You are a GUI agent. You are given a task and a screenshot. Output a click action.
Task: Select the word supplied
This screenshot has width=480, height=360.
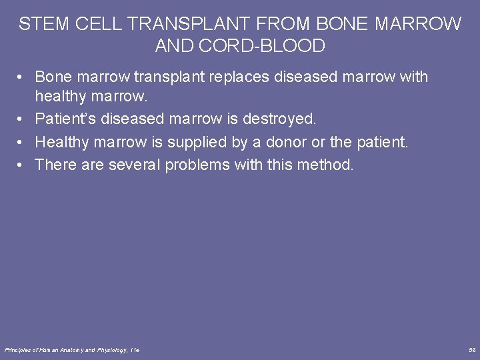(x=199, y=142)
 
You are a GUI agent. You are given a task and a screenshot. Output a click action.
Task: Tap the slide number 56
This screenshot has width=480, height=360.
(x=472, y=349)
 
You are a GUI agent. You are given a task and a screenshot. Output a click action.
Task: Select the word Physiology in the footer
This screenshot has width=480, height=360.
(x=112, y=349)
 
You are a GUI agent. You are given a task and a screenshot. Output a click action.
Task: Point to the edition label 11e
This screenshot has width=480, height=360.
(x=135, y=349)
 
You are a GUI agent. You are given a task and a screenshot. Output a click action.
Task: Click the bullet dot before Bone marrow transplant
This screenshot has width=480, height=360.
(x=23, y=77)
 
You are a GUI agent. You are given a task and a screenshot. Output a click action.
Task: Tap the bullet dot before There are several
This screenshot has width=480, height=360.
(x=23, y=165)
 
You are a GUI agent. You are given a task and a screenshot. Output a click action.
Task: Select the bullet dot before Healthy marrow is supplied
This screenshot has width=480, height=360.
(x=23, y=143)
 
